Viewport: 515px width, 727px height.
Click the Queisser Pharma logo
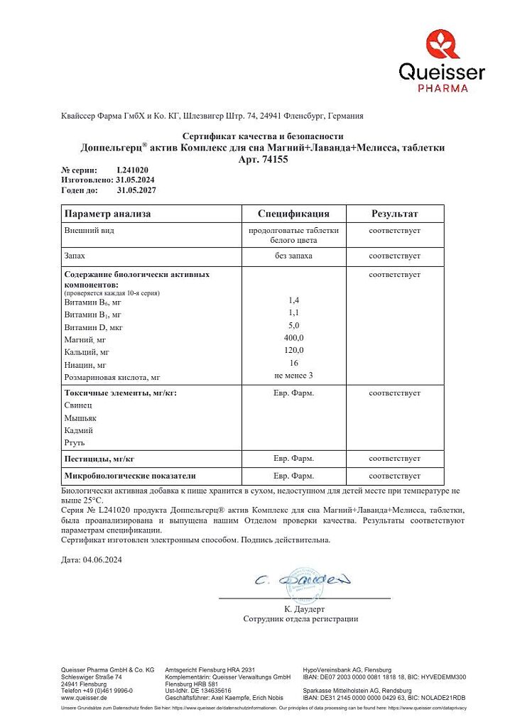coord(441,61)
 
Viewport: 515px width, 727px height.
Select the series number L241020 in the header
coord(132,170)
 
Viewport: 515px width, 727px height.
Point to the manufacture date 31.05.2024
coord(136,180)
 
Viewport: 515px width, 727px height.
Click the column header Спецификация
coord(293,214)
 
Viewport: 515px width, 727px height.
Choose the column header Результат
coord(394,214)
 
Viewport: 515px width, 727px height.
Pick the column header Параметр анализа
coord(107,214)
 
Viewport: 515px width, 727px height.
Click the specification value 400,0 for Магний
coord(293,337)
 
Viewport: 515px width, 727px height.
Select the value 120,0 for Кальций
coord(293,350)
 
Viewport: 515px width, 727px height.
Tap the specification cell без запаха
coord(293,255)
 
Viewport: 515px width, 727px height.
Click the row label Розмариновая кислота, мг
coord(112,378)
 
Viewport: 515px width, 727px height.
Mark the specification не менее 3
coord(293,375)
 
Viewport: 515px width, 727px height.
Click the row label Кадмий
coord(79,430)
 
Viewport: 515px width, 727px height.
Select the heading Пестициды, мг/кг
coord(99,459)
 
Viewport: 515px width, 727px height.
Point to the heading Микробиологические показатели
coord(130,476)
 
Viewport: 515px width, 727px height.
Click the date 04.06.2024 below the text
coord(102,559)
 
